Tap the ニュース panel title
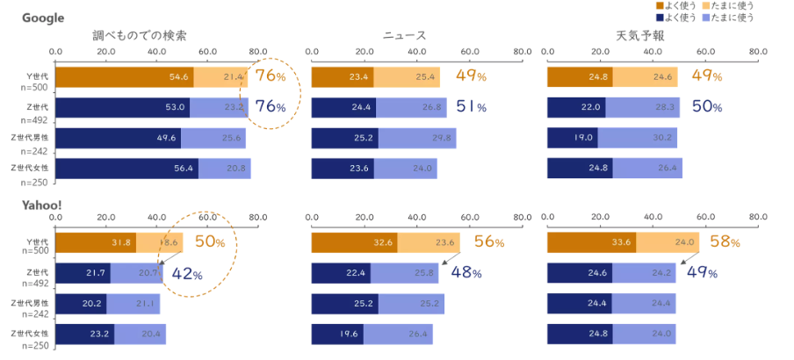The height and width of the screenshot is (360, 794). click(404, 36)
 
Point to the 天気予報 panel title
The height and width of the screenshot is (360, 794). click(640, 36)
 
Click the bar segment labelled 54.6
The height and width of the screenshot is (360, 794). click(124, 76)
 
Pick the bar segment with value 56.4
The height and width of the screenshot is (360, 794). click(126, 168)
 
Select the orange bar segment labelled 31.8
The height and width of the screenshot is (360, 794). click(95, 243)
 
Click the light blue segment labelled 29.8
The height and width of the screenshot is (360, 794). click(416, 138)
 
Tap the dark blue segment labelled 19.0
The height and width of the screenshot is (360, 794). click(572, 138)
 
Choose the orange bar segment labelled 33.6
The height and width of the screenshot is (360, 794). click(591, 243)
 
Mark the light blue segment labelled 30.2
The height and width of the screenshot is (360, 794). click(637, 138)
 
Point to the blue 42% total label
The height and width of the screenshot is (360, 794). click(186, 273)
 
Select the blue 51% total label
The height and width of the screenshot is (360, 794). click(472, 107)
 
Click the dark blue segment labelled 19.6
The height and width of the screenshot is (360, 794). click(337, 335)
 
